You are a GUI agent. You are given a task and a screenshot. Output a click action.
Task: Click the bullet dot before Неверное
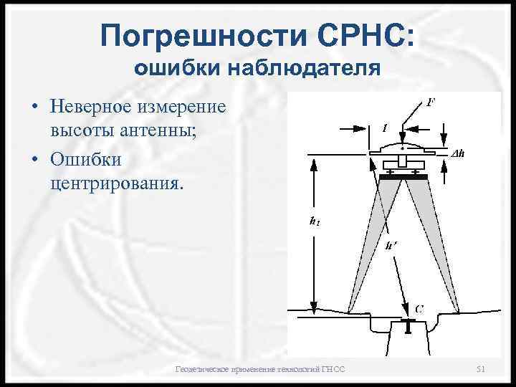pyautogui.click(x=34, y=109)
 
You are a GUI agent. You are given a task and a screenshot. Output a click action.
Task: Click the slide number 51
pyautogui.click(x=481, y=369)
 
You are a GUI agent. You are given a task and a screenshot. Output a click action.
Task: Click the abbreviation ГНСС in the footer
pyautogui.click(x=333, y=369)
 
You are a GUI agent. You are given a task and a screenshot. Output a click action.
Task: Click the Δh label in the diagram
pyautogui.click(x=459, y=153)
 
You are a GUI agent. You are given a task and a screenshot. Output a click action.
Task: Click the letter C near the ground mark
pyautogui.click(x=419, y=308)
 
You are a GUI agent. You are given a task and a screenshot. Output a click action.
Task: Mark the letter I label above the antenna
pyautogui.click(x=385, y=128)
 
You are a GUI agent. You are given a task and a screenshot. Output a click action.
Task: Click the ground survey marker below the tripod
pyautogui.click(x=407, y=326)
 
